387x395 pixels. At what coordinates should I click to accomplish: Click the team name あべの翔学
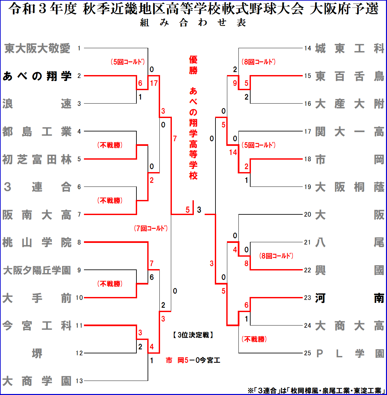coord(37,76)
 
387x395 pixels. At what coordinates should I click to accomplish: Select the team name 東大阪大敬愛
coord(37,49)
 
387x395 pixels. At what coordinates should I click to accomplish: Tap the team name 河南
coord(349,298)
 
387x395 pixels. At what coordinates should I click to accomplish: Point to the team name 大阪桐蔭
coord(349,187)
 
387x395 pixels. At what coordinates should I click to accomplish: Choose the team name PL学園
coord(349,353)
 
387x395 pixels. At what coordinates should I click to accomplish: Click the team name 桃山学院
coord(37,243)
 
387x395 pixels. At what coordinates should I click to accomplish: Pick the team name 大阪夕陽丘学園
coord(37,270)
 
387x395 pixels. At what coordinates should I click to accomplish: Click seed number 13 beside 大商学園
coord(79,381)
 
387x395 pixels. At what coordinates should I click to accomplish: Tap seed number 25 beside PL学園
coord(307,353)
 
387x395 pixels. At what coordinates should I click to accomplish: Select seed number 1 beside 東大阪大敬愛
coord(79,49)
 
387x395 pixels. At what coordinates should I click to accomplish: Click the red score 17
coord(154,83)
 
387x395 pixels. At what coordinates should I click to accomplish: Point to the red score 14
coord(233,152)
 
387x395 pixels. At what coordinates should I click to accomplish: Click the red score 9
coord(235,83)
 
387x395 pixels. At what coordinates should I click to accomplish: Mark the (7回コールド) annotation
coord(151,228)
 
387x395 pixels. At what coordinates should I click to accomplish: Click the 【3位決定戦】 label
coord(193,335)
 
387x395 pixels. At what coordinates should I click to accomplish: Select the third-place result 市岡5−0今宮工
coord(193,361)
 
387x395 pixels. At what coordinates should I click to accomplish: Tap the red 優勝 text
coord(193,65)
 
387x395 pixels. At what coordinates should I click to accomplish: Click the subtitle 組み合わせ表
coord(193,23)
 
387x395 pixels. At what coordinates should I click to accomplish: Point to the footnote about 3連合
coord(316,390)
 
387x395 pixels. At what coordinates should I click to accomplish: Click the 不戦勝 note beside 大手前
coord(110,284)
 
